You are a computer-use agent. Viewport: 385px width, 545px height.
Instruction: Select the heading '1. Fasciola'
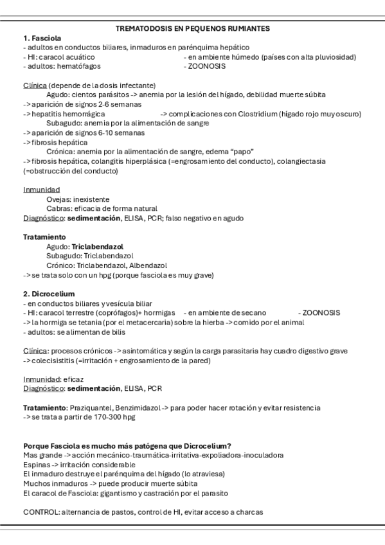(x=42, y=39)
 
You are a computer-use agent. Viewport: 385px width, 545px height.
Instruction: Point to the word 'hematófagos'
(x=80, y=66)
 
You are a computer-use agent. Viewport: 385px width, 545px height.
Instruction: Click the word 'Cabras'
(x=58, y=208)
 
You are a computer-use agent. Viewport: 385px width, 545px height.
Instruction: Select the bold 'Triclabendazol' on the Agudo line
(x=98, y=246)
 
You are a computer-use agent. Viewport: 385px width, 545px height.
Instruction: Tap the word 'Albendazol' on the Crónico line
(x=147, y=265)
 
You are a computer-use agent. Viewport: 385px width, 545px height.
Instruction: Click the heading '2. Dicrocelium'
(x=49, y=294)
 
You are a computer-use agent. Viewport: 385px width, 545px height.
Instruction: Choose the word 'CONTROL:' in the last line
(x=42, y=512)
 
